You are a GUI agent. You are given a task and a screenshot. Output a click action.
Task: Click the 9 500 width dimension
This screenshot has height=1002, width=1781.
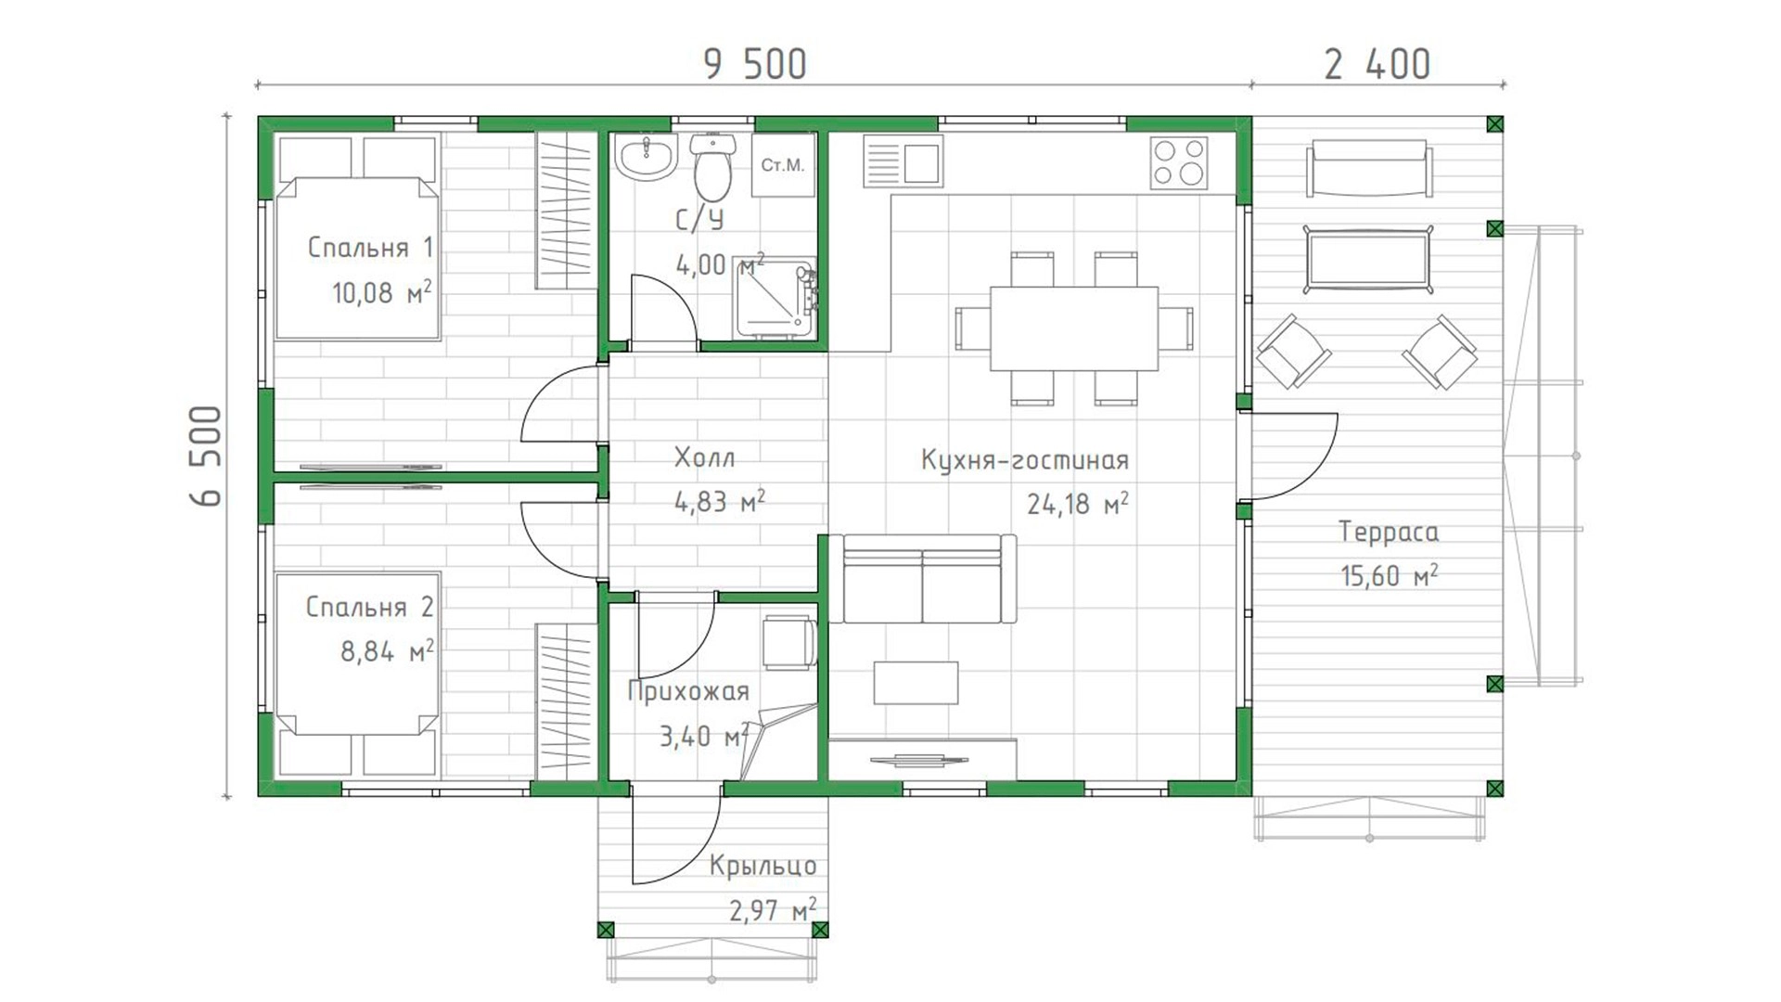755,65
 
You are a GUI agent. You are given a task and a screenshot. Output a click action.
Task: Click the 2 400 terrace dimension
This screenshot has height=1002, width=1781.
1377,65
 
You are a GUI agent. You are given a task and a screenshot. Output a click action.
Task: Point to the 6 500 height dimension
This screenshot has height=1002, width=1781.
207,456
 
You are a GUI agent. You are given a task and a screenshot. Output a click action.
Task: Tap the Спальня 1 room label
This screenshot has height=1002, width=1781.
370,248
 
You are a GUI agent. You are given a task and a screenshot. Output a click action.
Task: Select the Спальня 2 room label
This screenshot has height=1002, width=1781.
369,607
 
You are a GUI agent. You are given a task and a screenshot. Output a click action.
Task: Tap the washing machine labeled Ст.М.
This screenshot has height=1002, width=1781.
783,165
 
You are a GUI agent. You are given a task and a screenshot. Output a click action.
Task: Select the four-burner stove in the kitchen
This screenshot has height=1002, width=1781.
1179,162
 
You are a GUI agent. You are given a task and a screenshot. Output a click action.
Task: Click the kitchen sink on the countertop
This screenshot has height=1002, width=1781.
903,161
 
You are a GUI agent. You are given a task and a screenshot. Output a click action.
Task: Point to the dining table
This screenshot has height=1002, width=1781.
1074,328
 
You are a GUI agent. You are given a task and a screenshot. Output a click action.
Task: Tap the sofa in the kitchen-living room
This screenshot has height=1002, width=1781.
922,579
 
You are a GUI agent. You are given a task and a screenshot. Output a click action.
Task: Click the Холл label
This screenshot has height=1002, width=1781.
704,457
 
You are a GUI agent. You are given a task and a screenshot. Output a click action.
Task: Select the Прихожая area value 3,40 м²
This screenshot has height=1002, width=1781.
704,737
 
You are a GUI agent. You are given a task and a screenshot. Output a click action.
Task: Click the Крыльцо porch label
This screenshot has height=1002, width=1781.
762,866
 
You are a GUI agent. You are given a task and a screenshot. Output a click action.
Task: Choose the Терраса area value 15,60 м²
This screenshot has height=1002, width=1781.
1389,575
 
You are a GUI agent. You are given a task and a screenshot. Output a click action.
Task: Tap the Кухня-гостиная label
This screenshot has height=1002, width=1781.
1025,460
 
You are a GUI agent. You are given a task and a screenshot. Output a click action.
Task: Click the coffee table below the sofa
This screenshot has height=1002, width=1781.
916,683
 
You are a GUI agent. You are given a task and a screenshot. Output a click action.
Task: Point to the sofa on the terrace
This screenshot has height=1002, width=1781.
1368,168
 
